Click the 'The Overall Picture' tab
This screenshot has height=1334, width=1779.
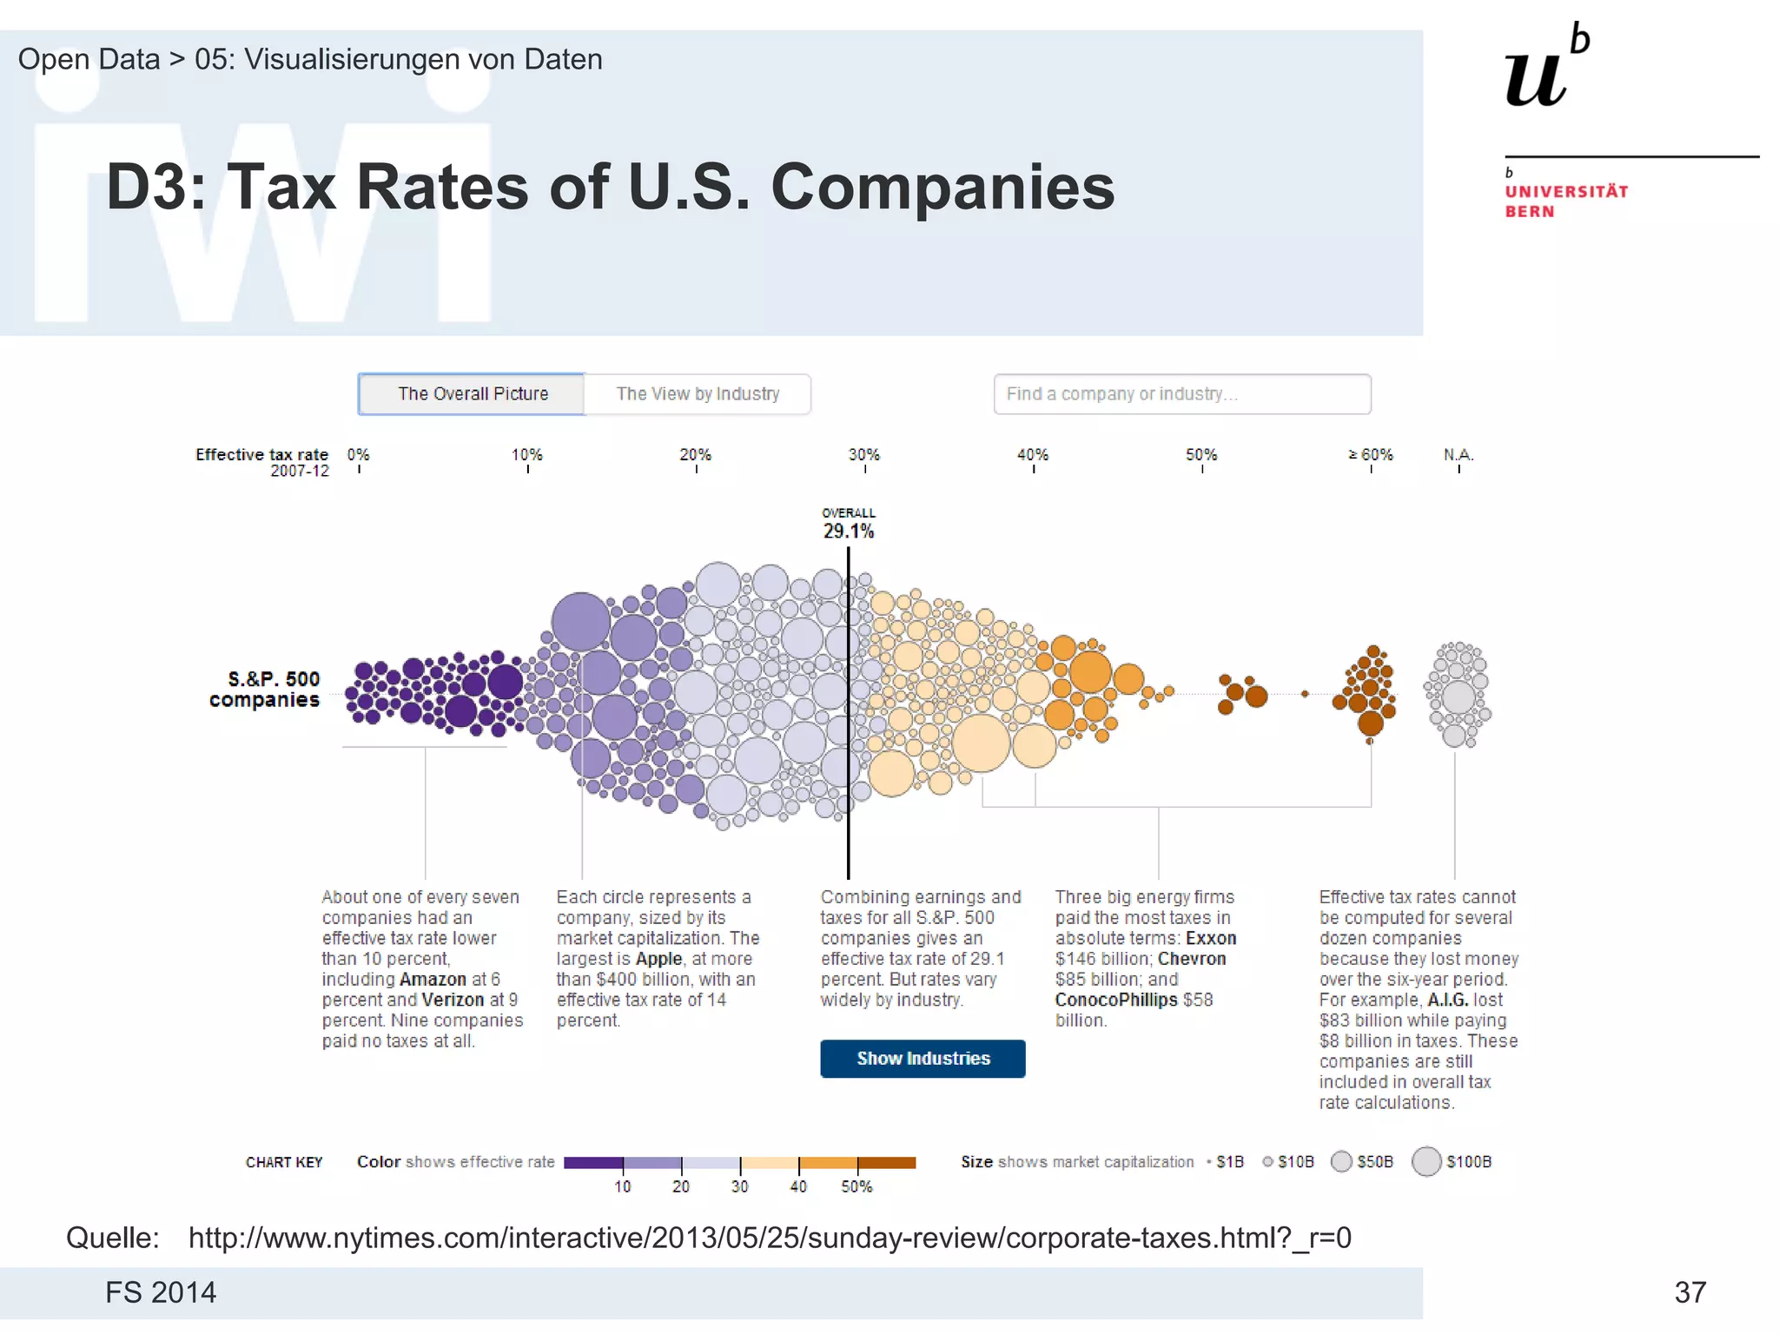[472, 394]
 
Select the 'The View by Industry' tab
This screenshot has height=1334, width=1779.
[698, 394]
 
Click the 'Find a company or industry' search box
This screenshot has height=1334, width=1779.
[1181, 394]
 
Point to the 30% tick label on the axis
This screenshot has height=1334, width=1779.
[864, 455]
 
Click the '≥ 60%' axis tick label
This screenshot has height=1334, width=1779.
[1371, 455]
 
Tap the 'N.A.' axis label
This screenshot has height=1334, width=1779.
[1458, 455]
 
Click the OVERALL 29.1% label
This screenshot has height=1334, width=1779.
[849, 525]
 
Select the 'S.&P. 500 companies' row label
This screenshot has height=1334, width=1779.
[265, 690]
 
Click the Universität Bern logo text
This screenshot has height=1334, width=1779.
[1566, 201]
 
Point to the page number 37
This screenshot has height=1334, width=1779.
[1690, 1292]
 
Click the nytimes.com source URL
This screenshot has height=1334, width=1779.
[770, 1238]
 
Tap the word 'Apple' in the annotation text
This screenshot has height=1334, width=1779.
[658, 959]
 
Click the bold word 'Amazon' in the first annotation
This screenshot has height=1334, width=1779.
[433, 980]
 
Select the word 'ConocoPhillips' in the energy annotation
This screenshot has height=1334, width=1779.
[1116, 1000]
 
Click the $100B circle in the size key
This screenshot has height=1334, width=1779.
[1426, 1162]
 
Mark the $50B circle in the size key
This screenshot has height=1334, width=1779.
[1341, 1162]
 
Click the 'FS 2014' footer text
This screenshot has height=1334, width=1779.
[161, 1292]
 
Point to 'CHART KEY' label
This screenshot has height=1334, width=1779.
[284, 1163]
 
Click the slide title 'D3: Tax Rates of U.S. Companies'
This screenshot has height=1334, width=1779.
[610, 187]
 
